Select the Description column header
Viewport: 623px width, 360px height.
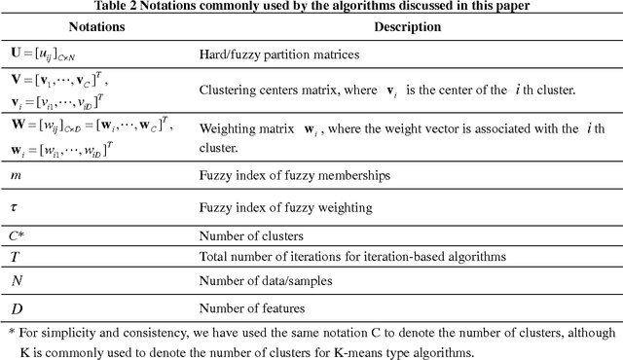point(412,26)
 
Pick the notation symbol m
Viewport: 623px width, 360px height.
point(15,175)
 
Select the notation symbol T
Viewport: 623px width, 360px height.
point(15,257)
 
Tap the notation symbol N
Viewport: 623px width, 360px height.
point(15,281)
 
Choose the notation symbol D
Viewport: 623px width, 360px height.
point(15,306)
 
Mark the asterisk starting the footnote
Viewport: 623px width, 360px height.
point(11,332)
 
